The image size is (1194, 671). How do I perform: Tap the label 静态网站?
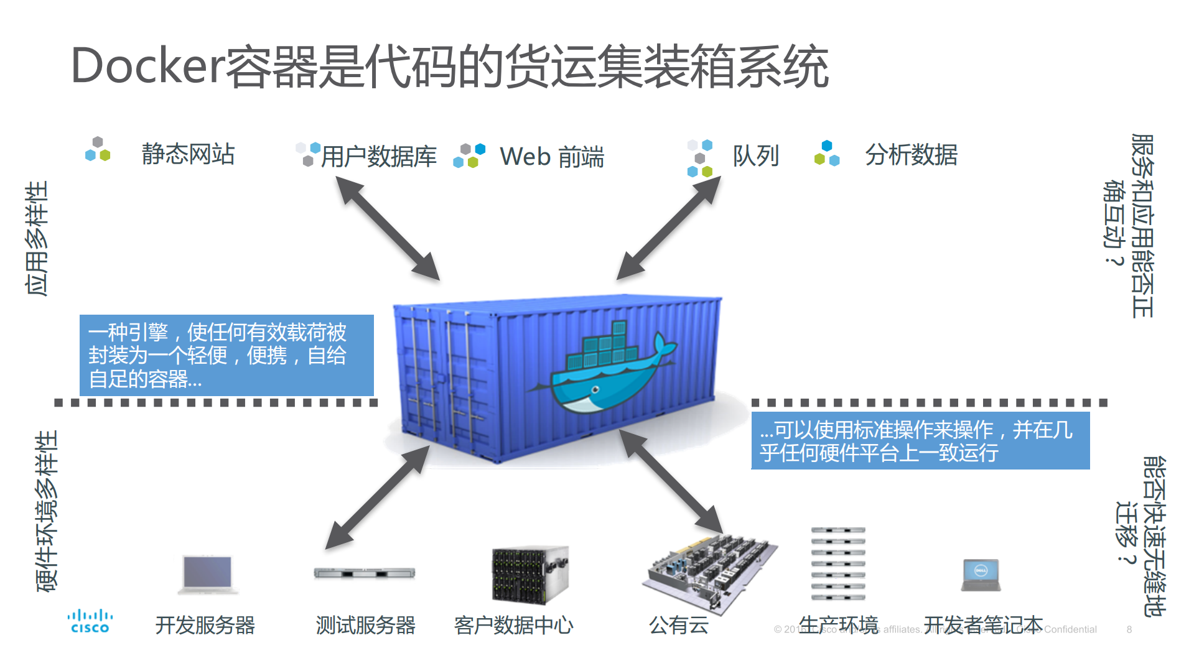click(x=188, y=154)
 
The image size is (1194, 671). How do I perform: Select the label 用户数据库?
click(x=378, y=156)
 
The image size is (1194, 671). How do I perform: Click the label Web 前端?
click(x=551, y=157)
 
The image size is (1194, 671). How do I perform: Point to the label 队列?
click(x=755, y=155)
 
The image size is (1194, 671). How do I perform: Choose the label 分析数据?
click(x=911, y=155)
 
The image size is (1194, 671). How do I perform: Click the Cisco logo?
click(x=90, y=621)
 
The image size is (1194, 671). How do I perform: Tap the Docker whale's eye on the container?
click(x=595, y=389)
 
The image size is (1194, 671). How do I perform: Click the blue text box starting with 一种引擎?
click(x=226, y=355)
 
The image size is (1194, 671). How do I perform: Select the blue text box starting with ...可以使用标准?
click(x=920, y=440)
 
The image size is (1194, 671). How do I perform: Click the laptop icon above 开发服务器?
click(x=208, y=573)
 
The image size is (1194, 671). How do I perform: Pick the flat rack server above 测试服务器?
click(x=365, y=573)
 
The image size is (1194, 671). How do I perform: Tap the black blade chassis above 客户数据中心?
click(x=529, y=575)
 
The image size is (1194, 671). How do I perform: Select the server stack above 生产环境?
click(x=838, y=563)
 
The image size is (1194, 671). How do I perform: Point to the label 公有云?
click(x=679, y=625)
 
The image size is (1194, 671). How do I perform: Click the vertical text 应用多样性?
click(x=37, y=239)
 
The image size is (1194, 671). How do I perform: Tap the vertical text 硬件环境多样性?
click(x=47, y=511)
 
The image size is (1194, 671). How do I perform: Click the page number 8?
click(x=1129, y=629)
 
